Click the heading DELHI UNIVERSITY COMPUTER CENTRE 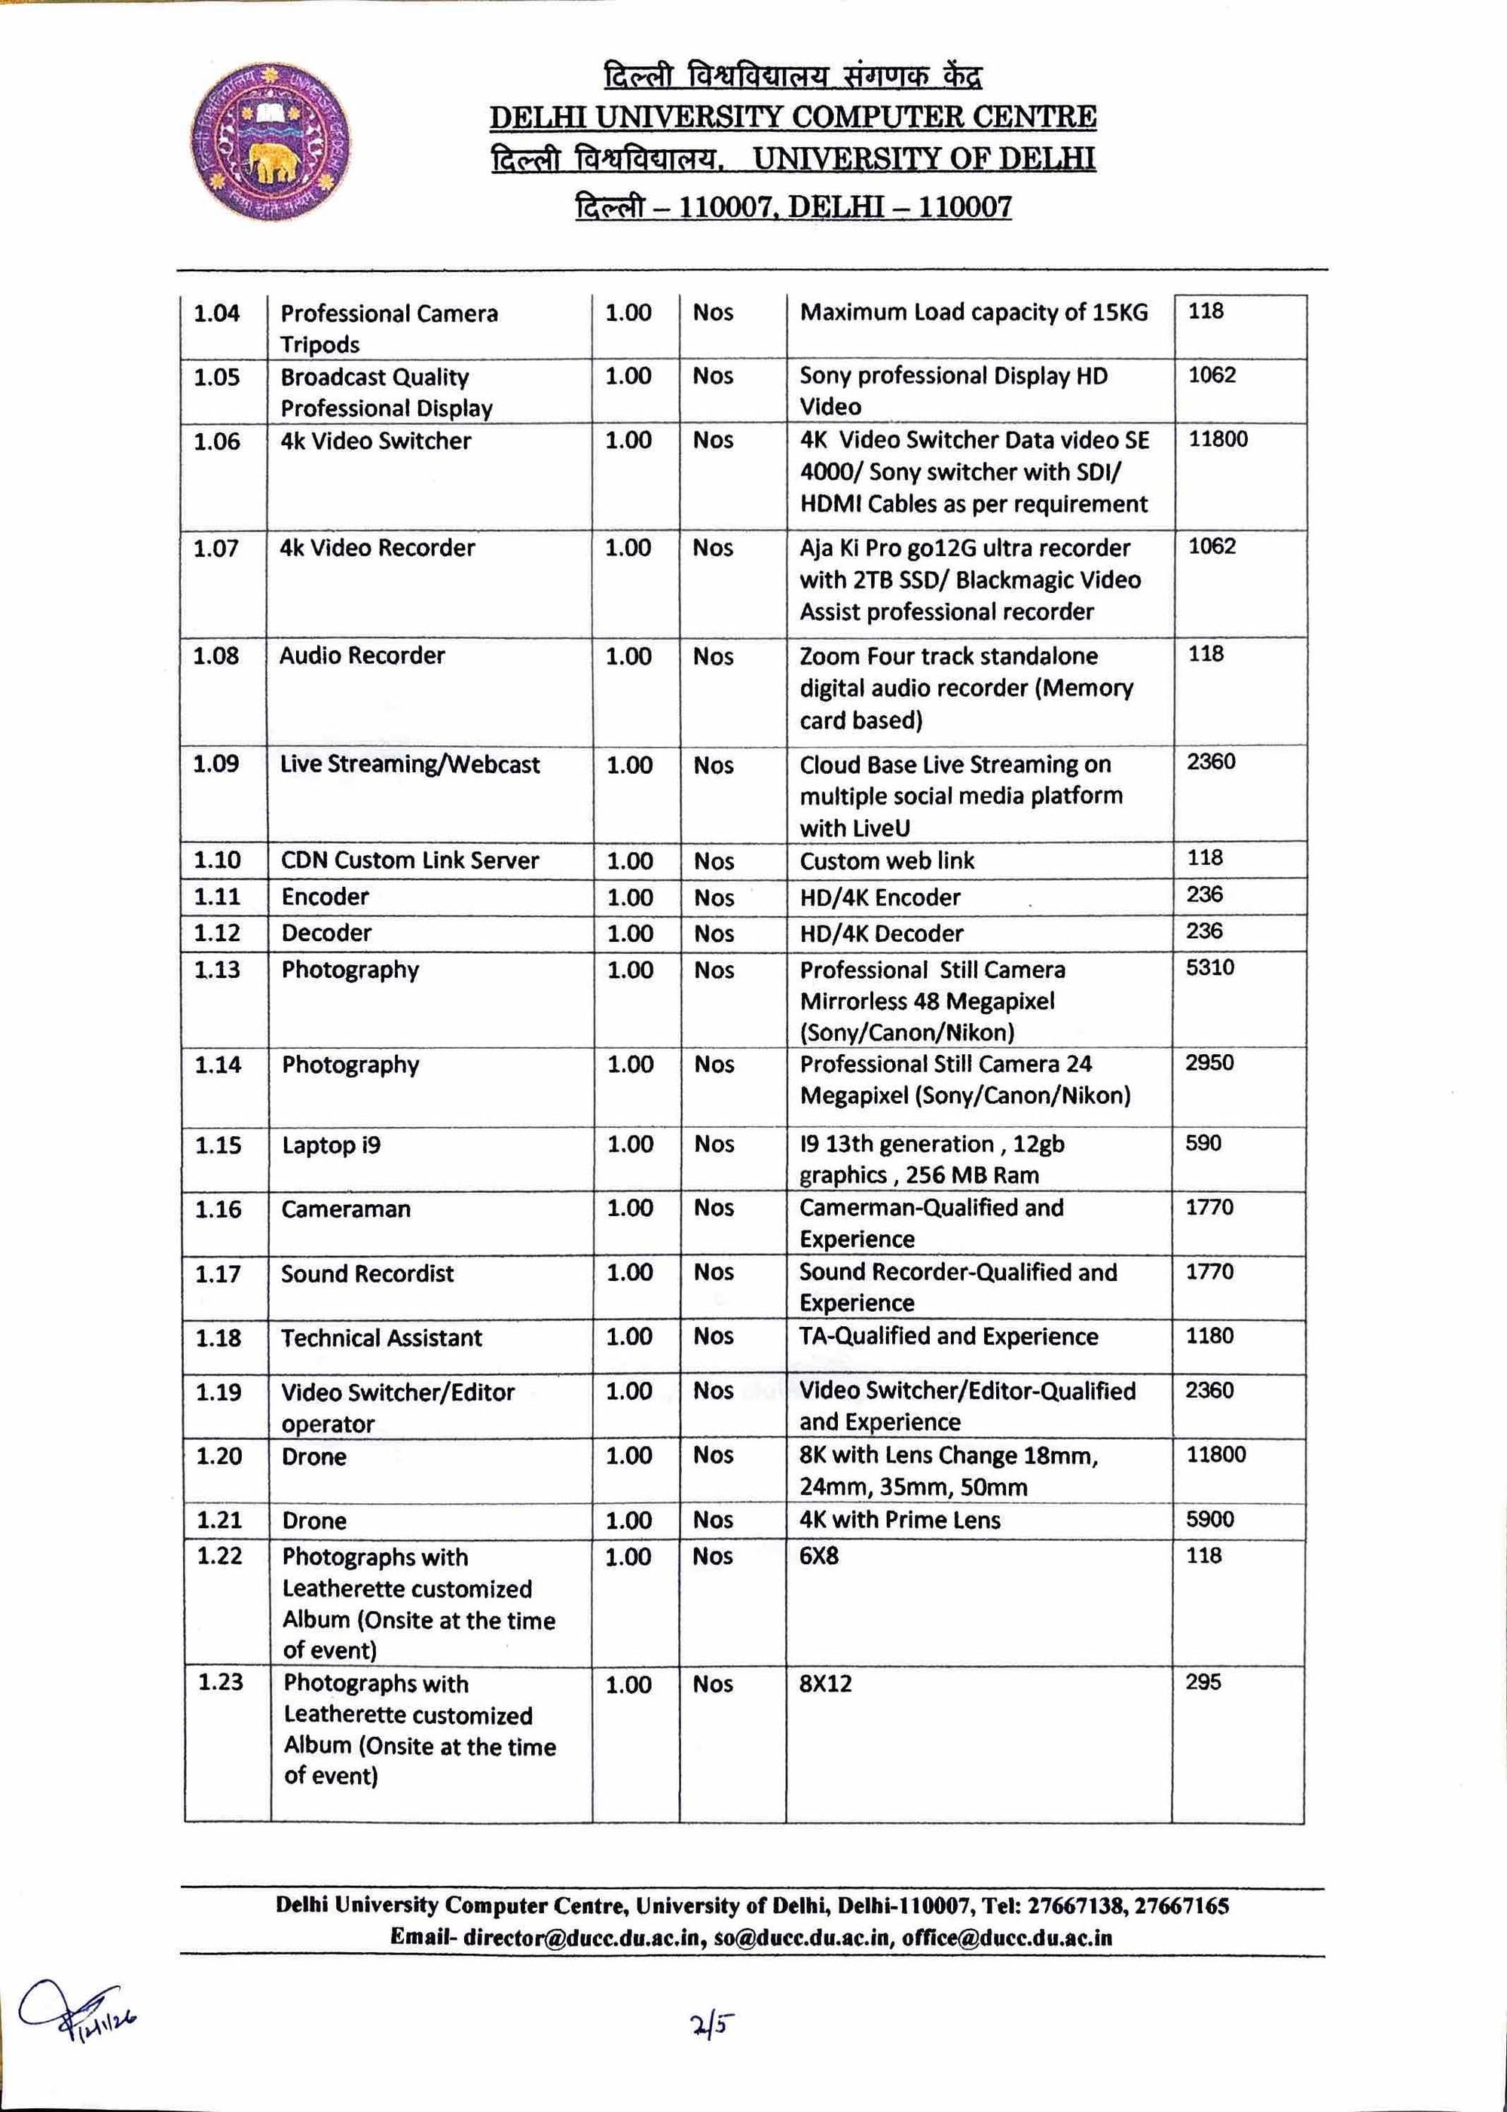[x=793, y=117]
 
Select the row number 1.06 [x=216, y=442]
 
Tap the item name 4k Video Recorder [x=377, y=549]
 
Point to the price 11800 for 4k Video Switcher [x=1218, y=439]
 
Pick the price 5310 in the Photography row [x=1210, y=968]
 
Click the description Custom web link [x=887, y=861]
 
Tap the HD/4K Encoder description [x=879, y=897]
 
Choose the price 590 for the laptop [x=1203, y=1143]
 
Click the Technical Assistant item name [x=381, y=1338]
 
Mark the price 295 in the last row [x=1203, y=1683]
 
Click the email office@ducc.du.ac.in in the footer [x=1007, y=1937]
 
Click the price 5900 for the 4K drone [x=1210, y=1519]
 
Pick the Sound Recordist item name [x=368, y=1274]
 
